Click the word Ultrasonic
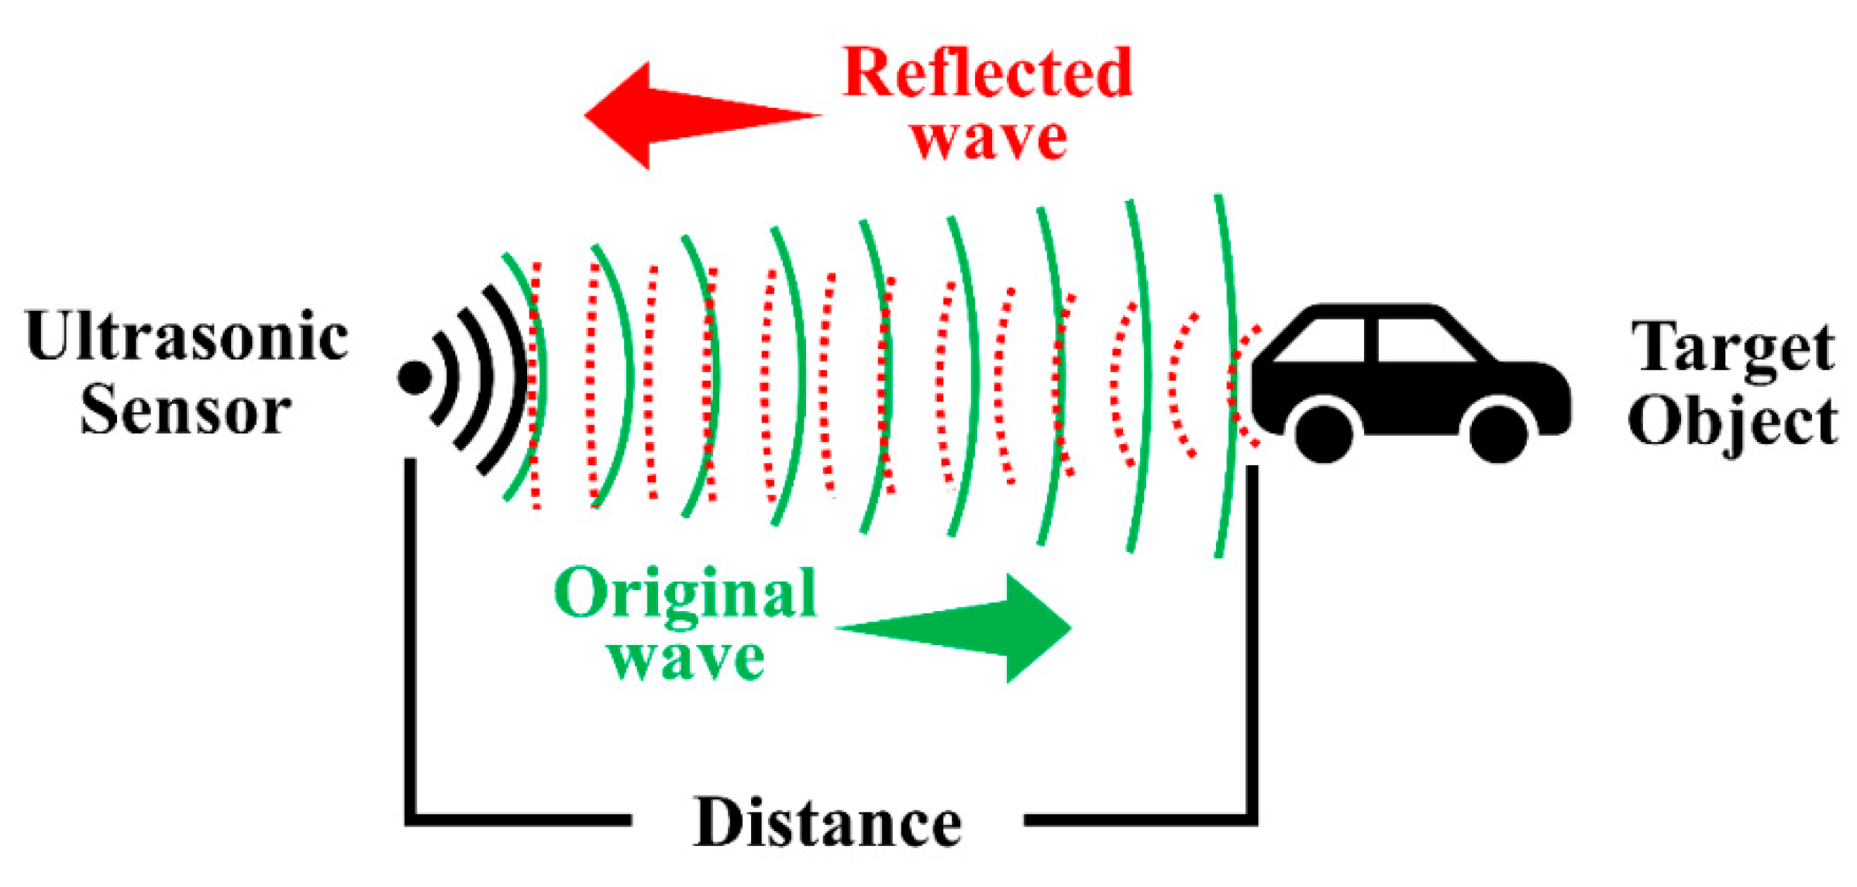[x=187, y=336]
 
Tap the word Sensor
[x=185, y=409]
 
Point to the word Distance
[x=827, y=823]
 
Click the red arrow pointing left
[x=702, y=116]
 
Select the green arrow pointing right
[x=953, y=628]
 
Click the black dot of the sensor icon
[x=415, y=378]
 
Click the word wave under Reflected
[x=989, y=140]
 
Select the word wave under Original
[x=686, y=660]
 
